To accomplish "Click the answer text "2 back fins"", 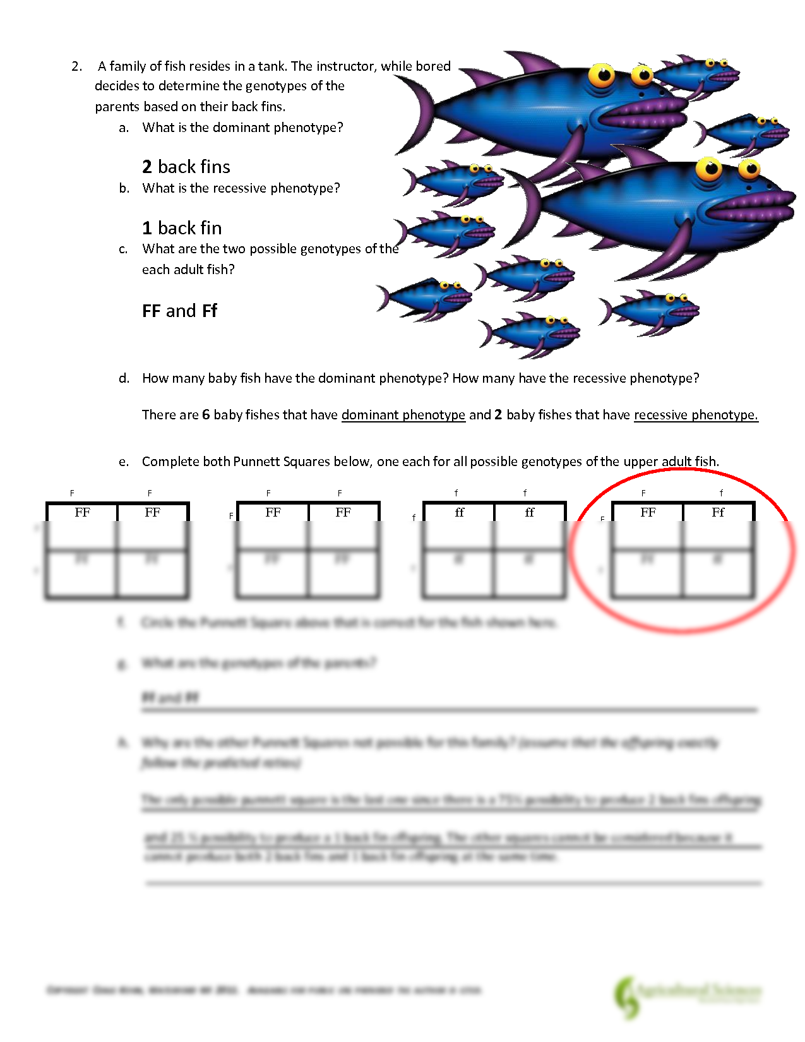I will coord(186,167).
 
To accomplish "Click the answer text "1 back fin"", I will coord(182,228).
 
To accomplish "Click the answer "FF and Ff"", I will coord(179,311).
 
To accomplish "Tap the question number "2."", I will coord(77,66).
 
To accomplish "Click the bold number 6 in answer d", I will coord(206,415).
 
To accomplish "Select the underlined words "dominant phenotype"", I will coord(403,415).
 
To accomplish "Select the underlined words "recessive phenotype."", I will coord(696,415).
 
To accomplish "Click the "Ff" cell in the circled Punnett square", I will coord(718,512).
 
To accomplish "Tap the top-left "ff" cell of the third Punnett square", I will coord(459,512).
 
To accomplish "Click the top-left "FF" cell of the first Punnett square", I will coord(82,512).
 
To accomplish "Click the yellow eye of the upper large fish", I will coord(602,76).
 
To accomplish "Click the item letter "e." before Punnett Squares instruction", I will coord(124,462).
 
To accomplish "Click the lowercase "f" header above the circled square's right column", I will coord(721,493).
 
